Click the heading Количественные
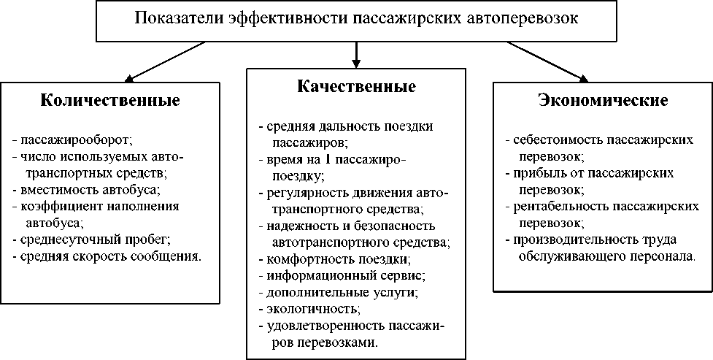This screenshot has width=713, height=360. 109,101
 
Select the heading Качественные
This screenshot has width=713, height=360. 356,86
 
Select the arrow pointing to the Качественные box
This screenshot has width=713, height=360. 356,52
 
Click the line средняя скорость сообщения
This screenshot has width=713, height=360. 109,256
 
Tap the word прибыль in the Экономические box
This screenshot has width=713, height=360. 535,174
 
